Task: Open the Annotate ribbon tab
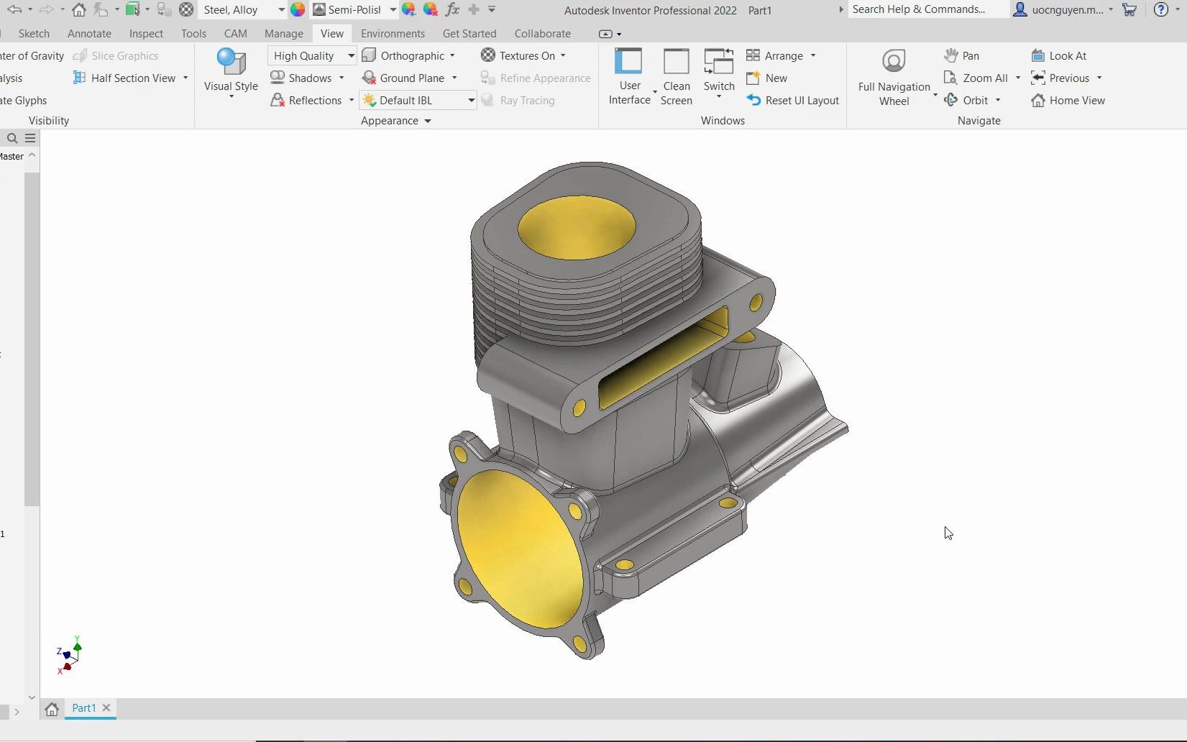point(89,34)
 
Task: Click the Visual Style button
point(231,71)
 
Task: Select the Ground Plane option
point(411,78)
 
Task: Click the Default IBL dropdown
point(418,100)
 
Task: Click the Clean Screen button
point(676,76)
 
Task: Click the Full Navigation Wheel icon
point(894,62)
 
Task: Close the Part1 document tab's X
point(106,707)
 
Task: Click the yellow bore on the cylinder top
point(577,228)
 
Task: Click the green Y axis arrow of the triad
point(78,646)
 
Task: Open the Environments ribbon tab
point(393,34)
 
